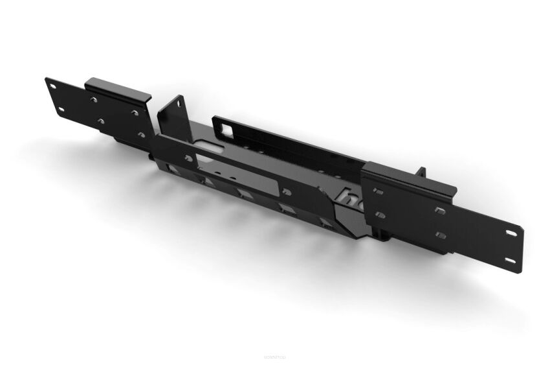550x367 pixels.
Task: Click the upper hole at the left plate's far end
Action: [50, 83]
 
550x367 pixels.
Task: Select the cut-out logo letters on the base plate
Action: [354, 195]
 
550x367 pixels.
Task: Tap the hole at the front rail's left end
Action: [189, 158]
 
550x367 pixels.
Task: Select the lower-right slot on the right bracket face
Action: [441, 235]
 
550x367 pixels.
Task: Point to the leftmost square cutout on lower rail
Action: [172, 170]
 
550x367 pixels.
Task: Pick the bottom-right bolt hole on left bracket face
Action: [141, 135]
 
